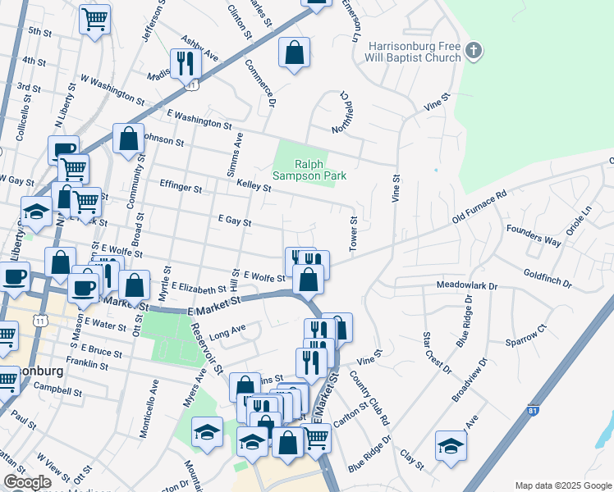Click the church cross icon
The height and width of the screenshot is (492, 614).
(473, 52)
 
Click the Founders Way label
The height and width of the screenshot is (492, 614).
(534, 235)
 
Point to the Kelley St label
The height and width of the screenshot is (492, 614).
(254, 188)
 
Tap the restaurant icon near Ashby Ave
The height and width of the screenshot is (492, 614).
(186, 61)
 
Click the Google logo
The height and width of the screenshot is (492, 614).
(27, 482)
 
